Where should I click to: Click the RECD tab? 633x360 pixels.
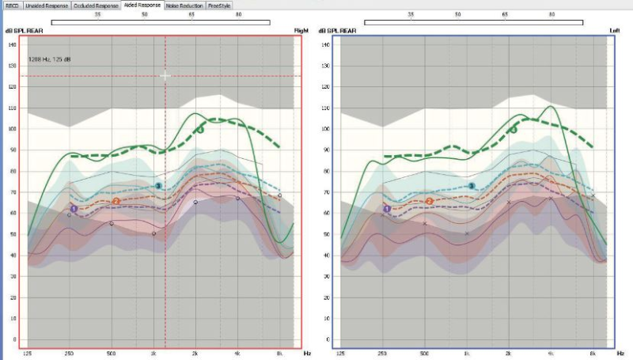12,6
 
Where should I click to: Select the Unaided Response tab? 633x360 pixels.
47,6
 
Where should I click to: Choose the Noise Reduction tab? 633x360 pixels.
185,6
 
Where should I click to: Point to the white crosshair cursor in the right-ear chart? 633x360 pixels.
165,76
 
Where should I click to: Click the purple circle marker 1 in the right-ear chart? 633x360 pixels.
74,209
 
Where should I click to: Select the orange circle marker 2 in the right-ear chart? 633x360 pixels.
116,201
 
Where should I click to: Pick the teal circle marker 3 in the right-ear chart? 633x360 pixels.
158,186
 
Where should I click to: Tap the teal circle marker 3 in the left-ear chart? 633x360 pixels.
472,186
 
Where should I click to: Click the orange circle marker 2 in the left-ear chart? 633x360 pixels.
430,201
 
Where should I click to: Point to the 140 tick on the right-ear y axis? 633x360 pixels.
13,44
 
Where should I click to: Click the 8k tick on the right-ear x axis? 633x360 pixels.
279,352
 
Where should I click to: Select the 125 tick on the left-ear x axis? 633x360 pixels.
341,352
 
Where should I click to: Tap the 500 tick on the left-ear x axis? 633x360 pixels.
424,352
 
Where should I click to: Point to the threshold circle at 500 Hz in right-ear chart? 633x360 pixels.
111,223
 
